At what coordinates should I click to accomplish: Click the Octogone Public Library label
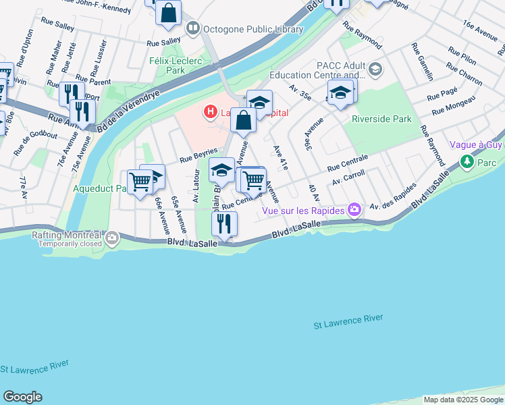[244, 28]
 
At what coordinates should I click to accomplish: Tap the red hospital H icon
[211, 111]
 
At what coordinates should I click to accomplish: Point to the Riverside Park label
[381, 119]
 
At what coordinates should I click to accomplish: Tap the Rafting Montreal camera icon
[111, 237]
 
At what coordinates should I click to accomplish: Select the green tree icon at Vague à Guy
[466, 162]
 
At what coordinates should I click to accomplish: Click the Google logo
[22, 397]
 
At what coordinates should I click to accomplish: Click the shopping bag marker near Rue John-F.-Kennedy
[168, 12]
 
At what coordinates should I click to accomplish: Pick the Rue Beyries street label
[198, 156]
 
